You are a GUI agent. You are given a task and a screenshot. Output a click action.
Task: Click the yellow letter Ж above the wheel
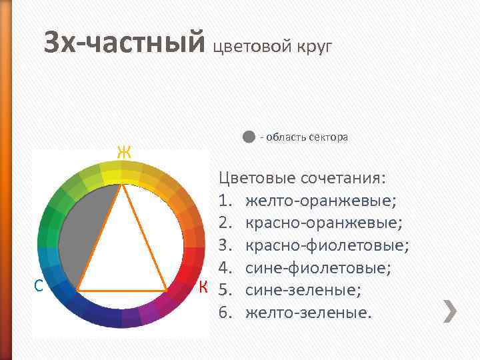point(123,153)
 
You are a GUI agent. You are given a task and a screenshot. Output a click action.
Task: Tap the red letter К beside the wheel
point(204,287)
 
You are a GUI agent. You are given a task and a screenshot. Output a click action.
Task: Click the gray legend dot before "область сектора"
point(248,137)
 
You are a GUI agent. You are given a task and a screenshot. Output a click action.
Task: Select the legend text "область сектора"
point(307,137)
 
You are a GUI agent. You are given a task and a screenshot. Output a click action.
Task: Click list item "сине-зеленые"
point(304,289)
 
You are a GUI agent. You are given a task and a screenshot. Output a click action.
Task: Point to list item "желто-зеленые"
point(307,311)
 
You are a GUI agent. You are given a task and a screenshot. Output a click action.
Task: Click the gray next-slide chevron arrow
point(451,311)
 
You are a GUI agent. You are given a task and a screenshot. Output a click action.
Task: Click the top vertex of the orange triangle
point(122,185)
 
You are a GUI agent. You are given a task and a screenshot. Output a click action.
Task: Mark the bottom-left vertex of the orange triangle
point(77,290)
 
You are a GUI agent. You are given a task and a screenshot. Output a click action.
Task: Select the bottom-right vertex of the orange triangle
point(167,290)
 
